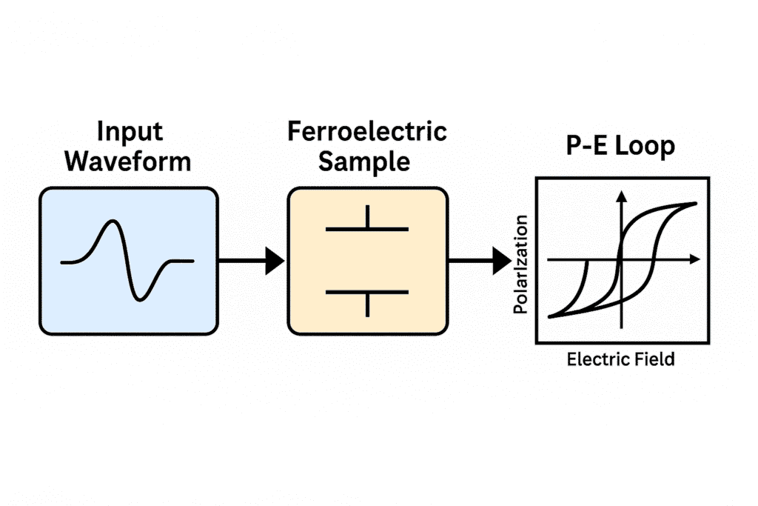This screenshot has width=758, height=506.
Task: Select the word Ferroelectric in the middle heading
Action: click(367, 133)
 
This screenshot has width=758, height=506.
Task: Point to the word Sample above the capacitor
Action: click(367, 161)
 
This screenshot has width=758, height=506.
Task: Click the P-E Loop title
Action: click(621, 146)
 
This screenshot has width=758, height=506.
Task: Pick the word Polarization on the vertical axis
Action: click(521, 264)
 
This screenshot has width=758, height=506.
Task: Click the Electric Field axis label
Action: click(621, 359)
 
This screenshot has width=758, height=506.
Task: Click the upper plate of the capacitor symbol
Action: click(367, 230)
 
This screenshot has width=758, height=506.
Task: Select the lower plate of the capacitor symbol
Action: click(367, 292)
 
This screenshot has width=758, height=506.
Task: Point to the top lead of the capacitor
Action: click(367, 217)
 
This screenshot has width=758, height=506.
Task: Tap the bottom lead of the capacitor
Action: click(367, 304)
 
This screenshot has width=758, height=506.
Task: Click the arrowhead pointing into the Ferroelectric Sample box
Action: click(275, 260)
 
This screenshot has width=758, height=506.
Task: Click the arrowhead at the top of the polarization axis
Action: click(622, 196)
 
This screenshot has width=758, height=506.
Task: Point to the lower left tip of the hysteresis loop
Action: click(550, 316)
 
